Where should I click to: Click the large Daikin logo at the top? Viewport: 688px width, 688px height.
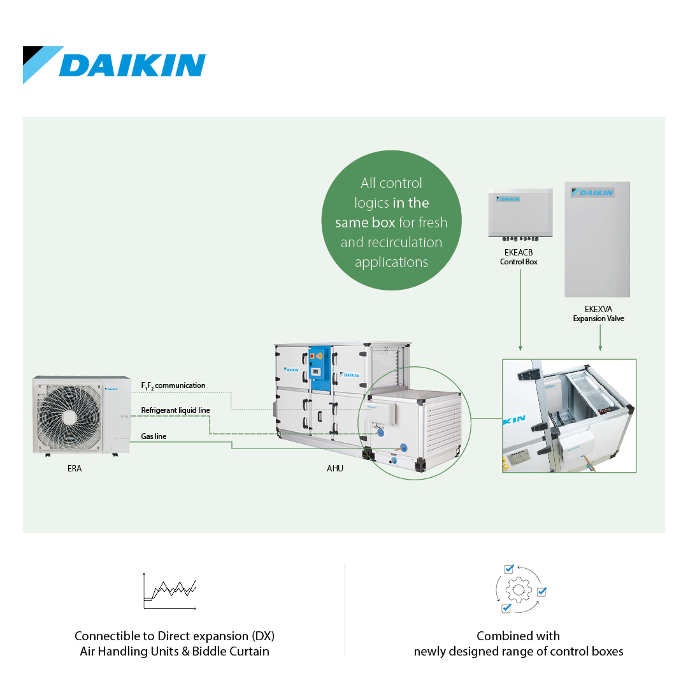[x=114, y=64]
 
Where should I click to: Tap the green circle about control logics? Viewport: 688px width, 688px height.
[x=391, y=220]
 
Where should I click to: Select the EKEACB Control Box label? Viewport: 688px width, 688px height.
[x=519, y=257]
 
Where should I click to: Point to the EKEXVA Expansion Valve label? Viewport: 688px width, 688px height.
[x=598, y=313]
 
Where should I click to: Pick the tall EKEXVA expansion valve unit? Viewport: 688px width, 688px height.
[x=597, y=240]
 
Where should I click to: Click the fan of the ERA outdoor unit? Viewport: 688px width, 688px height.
[x=69, y=417]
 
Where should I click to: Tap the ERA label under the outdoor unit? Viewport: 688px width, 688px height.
[x=75, y=469]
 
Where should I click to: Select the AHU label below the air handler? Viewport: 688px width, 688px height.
[x=335, y=469]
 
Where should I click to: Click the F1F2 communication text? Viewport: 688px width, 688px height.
[x=173, y=385]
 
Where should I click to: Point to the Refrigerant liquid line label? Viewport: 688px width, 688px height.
[x=176, y=410]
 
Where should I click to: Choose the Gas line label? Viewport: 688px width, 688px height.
[x=154, y=436]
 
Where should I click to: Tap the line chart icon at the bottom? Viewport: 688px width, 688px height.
[x=170, y=591]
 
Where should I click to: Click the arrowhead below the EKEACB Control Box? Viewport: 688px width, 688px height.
[x=520, y=348]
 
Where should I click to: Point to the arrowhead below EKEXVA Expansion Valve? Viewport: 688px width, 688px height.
[x=600, y=348]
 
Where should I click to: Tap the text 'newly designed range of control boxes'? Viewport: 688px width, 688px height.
[x=518, y=651]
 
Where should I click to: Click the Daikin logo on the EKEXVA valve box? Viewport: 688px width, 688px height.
[x=593, y=192]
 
